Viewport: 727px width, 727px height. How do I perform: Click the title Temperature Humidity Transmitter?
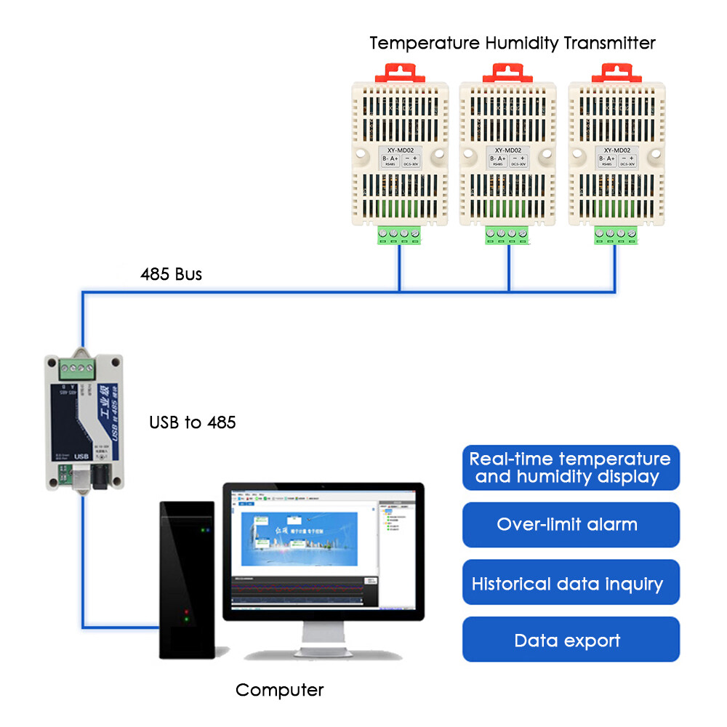click(513, 43)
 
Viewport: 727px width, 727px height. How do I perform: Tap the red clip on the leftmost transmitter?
click(403, 72)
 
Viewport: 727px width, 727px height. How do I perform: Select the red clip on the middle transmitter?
click(508, 72)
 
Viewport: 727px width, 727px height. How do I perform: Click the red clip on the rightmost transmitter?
click(616, 72)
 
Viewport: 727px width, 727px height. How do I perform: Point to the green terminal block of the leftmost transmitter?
click(399, 235)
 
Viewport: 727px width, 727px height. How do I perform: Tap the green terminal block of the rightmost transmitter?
click(615, 235)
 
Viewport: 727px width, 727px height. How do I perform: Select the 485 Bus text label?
click(171, 275)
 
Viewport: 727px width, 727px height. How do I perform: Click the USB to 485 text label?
click(193, 422)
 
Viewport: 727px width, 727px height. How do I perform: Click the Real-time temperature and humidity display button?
click(571, 468)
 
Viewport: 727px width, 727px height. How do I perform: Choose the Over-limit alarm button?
click(571, 525)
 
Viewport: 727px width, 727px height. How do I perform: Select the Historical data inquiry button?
click(571, 583)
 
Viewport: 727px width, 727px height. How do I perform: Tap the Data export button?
click(571, 640)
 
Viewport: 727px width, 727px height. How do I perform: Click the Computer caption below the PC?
click(280, 690)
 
